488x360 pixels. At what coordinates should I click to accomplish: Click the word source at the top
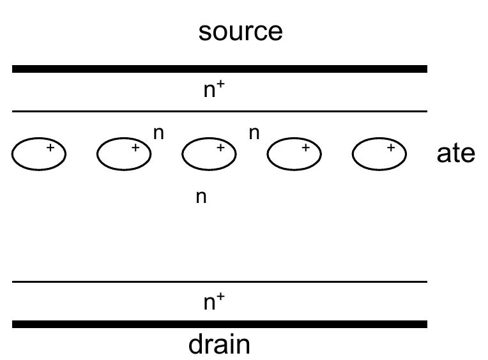[240, 31]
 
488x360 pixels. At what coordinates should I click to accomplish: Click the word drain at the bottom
[219, 345]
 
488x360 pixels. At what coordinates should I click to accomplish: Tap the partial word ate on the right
[455, 154]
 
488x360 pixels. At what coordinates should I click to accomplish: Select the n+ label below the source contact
[213, 90]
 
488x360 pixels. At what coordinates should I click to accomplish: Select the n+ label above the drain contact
[213, 302]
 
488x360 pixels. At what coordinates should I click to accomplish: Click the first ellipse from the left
[39, 154]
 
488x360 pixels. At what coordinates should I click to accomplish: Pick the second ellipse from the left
[124, 154]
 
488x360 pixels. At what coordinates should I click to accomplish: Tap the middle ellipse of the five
[210, 154]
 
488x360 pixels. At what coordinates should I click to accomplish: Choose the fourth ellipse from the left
[294, 154]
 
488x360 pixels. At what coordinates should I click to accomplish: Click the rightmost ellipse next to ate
[380, 154]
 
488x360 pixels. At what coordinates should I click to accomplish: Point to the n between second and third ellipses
[159, 134]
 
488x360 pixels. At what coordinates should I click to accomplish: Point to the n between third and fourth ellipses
[254, 134]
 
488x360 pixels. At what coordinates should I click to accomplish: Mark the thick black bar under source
[219, 68]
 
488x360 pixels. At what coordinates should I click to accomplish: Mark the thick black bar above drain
[219, 324]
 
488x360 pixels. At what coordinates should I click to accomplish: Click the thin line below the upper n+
[219, 112]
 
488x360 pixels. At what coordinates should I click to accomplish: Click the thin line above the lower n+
[219, 281]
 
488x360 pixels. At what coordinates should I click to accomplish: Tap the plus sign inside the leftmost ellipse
[50, 148]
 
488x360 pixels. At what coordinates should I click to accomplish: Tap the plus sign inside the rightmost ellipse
[391, 148]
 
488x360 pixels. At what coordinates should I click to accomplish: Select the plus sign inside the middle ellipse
[220, 148]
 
